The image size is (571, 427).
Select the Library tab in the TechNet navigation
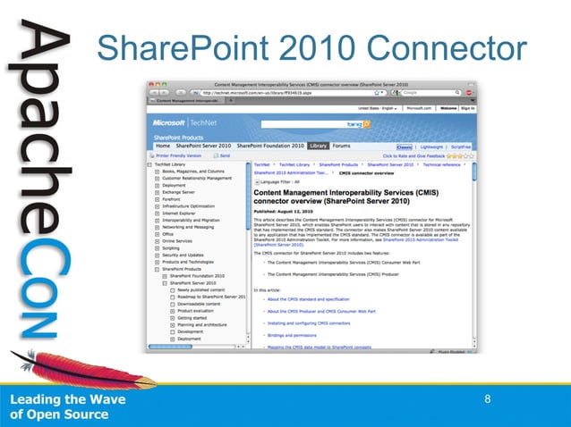tap(318, 145)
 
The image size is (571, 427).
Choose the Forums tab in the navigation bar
tap(341, 145)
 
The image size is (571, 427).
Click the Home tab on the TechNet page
tap(163, 145)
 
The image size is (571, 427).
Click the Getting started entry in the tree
tap(192, 318)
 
